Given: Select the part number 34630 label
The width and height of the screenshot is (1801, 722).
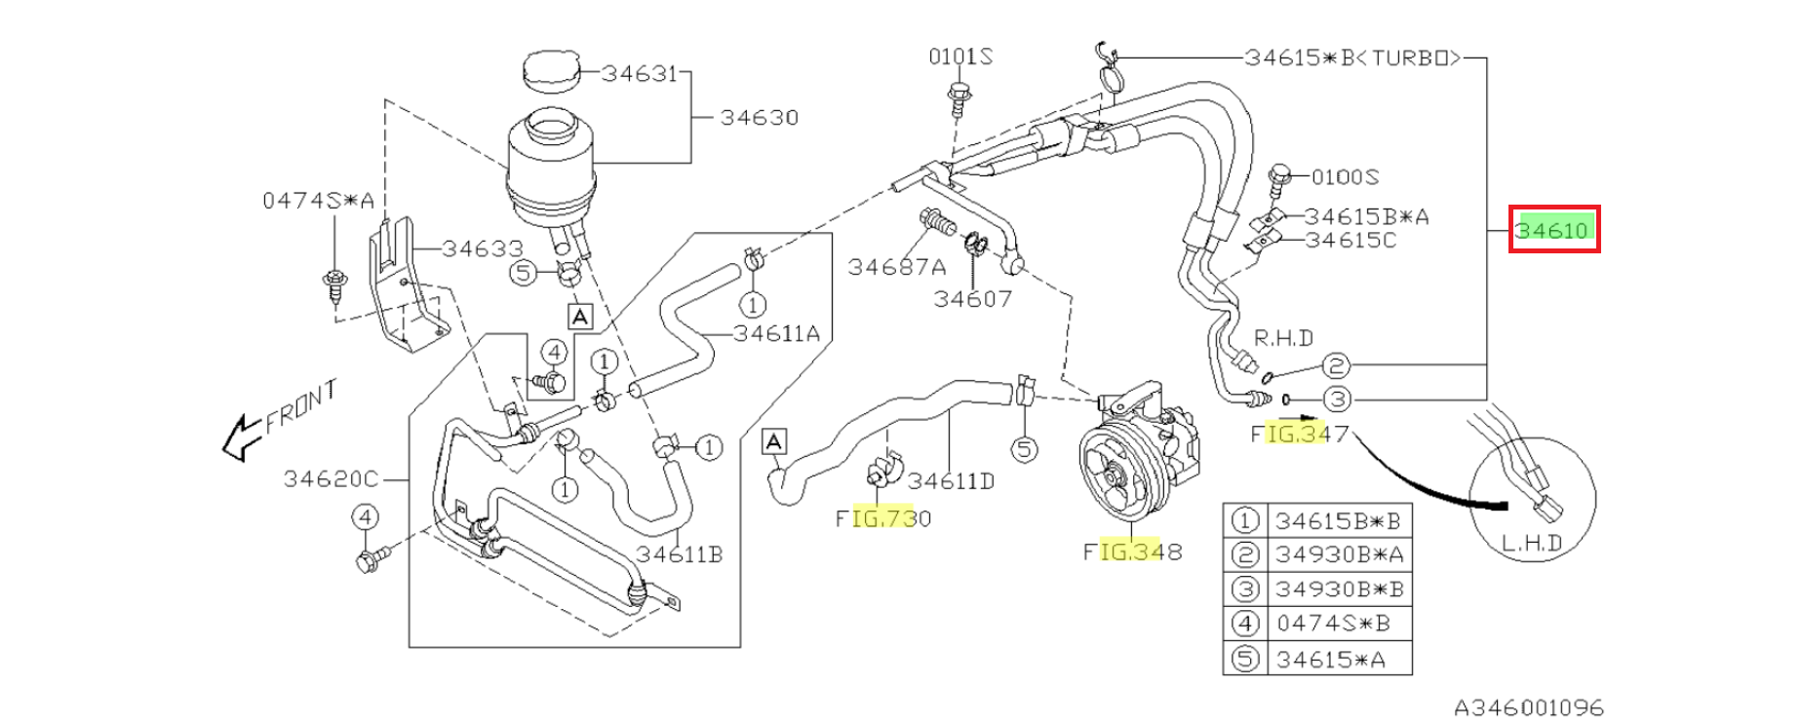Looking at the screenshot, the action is tap(759, 118).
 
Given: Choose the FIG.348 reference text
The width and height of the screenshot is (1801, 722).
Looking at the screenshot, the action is tap(1132, 551).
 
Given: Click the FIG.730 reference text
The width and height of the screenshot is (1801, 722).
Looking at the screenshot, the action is tap(883, 518).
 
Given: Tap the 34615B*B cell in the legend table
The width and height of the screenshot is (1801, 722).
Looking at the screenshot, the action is tap(1338, 521).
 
